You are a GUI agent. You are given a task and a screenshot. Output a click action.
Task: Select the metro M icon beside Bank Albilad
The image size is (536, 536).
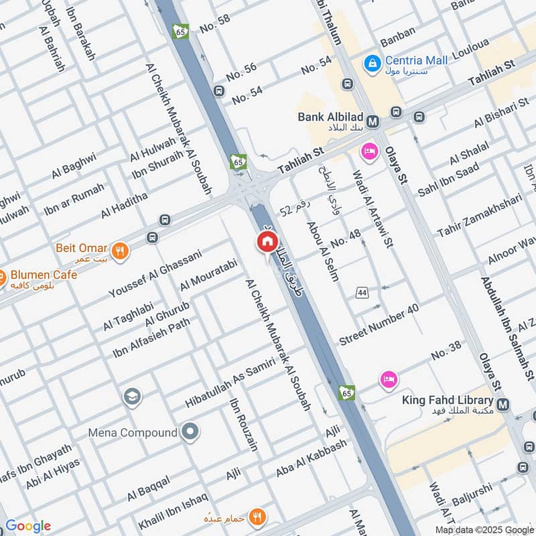373,121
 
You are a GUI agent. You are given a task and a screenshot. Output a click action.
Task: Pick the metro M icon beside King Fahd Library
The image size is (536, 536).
504,405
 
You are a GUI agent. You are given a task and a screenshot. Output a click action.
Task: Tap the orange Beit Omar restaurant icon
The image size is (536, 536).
121,251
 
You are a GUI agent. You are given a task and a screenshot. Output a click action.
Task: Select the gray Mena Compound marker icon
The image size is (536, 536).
190,431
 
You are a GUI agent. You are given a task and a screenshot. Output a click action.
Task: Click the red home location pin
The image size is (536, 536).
267,243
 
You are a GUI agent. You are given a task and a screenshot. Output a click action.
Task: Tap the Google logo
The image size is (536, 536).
28,525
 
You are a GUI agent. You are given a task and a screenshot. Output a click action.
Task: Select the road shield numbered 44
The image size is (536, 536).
362,293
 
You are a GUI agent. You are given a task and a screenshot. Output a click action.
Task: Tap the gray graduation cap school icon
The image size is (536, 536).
132,397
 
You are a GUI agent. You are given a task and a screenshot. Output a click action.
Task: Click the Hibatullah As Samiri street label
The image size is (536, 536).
230,383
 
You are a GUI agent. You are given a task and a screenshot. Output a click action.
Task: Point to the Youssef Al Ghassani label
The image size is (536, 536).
155,273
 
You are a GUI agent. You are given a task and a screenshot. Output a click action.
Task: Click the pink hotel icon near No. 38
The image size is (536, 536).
388,379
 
